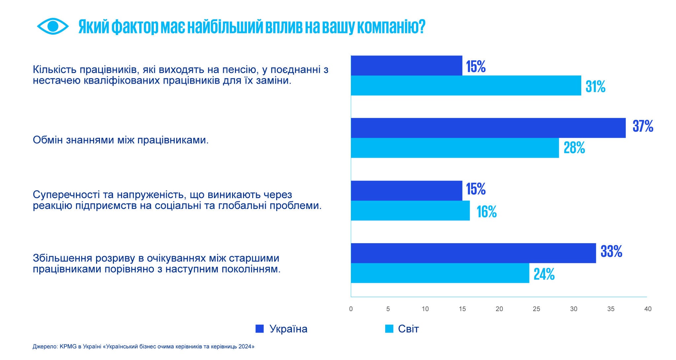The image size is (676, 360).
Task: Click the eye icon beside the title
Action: (53, 26)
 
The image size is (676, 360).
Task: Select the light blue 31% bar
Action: (466, 85)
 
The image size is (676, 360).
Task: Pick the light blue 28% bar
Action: (455, 148)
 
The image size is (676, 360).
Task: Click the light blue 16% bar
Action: (410, 211)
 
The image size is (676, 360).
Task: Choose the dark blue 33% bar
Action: (473, 253)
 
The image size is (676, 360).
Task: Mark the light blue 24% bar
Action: (440, 273)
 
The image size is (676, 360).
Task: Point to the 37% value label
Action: (643, 126)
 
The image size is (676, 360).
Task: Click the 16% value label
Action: (487, 212)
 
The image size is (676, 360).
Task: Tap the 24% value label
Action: (544, 274)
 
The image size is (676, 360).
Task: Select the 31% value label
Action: (595, 87)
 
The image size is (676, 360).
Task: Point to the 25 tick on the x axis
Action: (536, 309)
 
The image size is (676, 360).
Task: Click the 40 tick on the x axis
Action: (648, 309)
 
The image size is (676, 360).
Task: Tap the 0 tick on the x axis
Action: (351, 309)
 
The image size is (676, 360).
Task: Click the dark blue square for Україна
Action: (259, 329)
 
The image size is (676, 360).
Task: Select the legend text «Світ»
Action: (408, 329)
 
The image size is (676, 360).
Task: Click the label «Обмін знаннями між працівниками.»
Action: (120, 140)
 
